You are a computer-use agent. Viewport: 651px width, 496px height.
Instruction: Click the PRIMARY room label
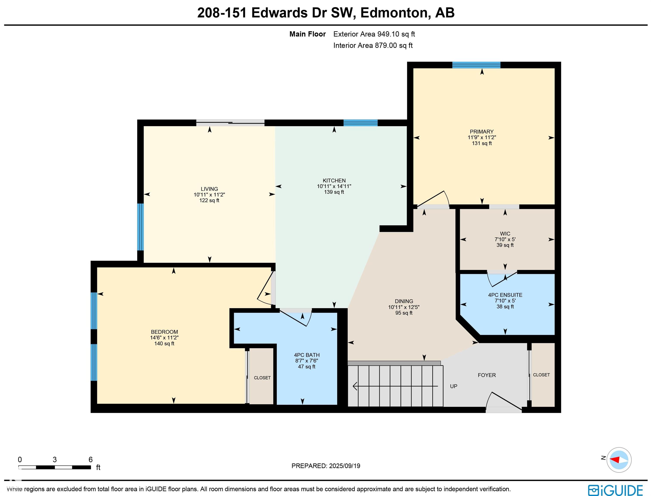(x=482, y=132)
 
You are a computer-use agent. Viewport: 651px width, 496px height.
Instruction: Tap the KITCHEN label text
(x=334, y=180)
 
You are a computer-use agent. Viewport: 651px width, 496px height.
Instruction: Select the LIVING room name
(x=209, y=189)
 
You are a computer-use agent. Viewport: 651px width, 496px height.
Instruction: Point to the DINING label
(x=404, y=301)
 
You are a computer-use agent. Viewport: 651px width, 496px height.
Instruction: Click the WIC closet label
(x=505, y=234)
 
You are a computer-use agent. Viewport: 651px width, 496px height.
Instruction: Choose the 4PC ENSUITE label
(x=505, y=295)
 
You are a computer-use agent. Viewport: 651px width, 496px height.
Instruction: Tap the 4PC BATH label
(x=307, y=355)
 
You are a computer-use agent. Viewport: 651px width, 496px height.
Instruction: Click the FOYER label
(x=487, y=375)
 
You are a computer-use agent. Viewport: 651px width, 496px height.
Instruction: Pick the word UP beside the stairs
(x=454, y=386)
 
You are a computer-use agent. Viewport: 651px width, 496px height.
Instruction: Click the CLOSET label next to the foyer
(x=541, y=375)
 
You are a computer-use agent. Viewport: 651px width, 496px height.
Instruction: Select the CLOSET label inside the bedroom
(x=262, y=378)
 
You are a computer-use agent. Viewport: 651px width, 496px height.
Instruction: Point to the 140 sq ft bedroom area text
(x=164, y=344)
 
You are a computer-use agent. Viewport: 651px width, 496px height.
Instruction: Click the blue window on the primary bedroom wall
(x=476, y=65)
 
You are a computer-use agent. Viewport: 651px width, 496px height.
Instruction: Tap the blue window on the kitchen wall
(x=360, y=123)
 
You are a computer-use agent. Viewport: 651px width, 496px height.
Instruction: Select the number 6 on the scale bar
(x=91, y=459)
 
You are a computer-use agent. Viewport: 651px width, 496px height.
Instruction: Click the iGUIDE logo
(x=615, y=490)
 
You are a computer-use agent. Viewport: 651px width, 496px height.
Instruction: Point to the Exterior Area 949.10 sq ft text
(x=374, y=34)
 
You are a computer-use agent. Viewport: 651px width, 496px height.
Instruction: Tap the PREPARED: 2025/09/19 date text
(x=326, y=466)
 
